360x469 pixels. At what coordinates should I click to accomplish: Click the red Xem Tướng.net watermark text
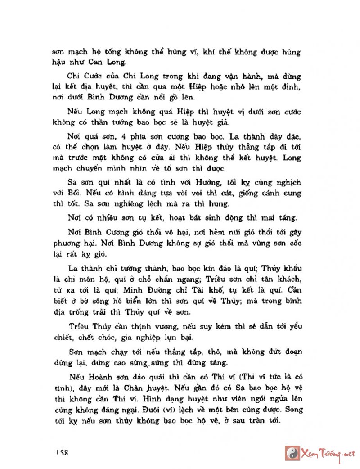[x=328, y=453]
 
